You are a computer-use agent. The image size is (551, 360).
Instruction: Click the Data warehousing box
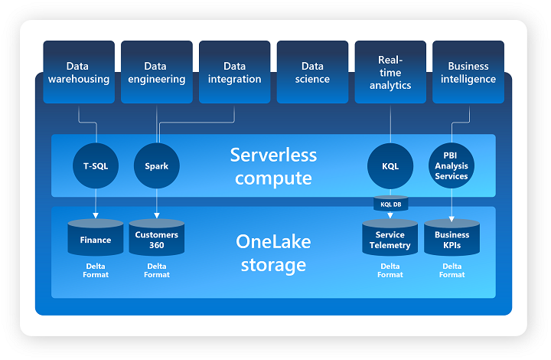click(79, 72)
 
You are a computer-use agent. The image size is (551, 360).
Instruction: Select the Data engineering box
click(157, 72)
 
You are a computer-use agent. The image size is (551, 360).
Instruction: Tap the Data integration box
click(235, 72)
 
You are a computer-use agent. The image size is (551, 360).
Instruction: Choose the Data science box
click(312, 72)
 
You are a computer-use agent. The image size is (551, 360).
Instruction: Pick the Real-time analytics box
click(390, 72)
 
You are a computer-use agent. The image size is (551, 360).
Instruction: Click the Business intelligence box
click(468, 72)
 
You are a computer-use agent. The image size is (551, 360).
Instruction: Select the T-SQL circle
click(96, 165)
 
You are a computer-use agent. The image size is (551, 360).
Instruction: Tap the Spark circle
click(157, 165)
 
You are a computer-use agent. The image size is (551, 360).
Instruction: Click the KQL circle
click(390, 165)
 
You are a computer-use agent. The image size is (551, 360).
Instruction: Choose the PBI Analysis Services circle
click(452, 165)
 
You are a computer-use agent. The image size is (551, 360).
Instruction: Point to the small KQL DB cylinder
click(391, 204)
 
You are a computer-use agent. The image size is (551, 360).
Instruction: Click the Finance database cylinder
click(96, 237)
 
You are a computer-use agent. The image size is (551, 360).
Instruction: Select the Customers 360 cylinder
click(157, 237)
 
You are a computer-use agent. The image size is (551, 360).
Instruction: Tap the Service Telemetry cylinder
click(390, 237)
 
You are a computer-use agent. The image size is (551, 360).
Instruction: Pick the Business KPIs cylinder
click(452, 237)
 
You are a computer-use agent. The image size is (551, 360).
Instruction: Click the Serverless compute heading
click(273, 166)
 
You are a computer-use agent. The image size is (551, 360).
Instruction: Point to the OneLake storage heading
click(273, 253)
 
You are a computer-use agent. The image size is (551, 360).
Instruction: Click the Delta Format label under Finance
click(96, 270)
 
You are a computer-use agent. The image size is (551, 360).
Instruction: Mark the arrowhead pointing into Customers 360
click(157, 215)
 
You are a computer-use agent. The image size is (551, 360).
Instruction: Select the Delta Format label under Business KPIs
click(452, 270)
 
